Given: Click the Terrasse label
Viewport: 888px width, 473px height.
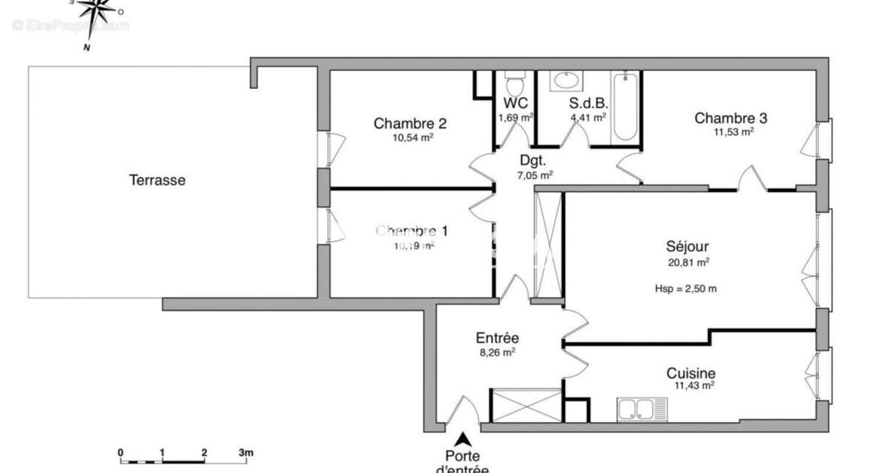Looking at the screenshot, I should [x=157, y=180].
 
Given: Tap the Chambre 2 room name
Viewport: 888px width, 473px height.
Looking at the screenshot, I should [x=410, y=123].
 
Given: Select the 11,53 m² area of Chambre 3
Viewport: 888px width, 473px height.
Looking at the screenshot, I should [x=733, y=132].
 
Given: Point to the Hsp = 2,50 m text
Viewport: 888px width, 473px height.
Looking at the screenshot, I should [x=685, y=288].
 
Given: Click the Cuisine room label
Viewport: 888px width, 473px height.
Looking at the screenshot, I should [x=690, y=373].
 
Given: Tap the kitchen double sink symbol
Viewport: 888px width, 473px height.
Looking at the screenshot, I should [x=642, y=409].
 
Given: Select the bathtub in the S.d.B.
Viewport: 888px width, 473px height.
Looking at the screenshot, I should [x=625, y=107].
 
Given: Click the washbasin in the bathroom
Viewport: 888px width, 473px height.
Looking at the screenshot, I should [x=568, y=81].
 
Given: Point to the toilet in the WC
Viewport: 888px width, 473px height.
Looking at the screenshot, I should [x=514, y=78].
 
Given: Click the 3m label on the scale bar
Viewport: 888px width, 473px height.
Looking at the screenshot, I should [x=246, y=452].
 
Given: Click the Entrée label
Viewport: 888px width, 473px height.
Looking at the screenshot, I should [x=497, y=338].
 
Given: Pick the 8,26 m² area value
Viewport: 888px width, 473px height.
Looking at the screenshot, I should [x=497, y=353].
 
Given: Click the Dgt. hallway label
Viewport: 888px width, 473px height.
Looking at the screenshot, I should [x=533, y=160].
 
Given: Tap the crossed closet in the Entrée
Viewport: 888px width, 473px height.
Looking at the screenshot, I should [x=526, y=406].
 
